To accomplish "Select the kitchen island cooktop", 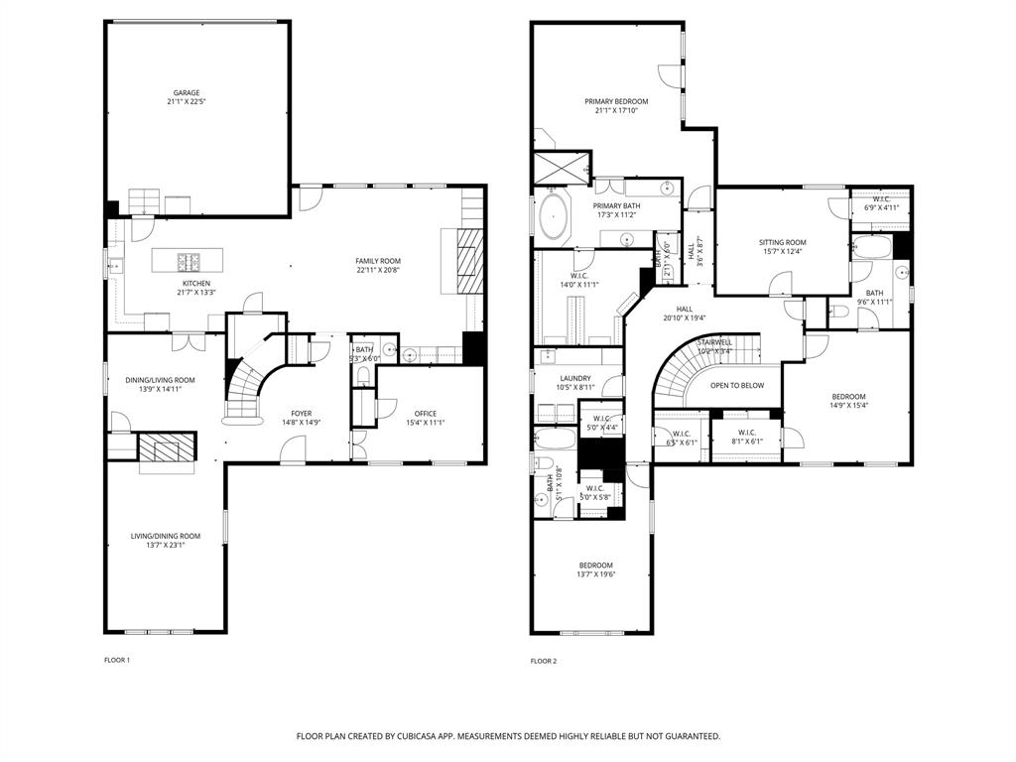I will pos(189,262).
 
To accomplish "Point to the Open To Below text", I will pos(737,385).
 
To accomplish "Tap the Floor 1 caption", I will pos(117,660).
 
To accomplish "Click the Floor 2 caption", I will pos(544,661).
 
